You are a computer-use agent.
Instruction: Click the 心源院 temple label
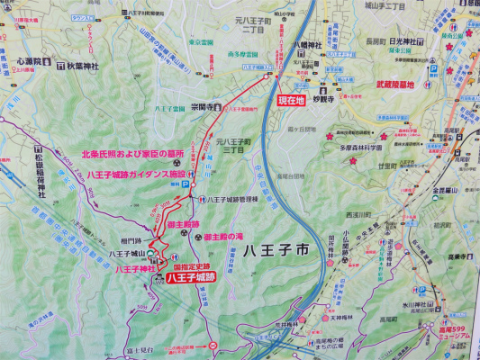(31, 64)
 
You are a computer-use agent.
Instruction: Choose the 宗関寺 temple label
(204, 105)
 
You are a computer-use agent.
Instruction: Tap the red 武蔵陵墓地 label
(394, 85)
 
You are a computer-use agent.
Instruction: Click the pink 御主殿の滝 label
(223, 236)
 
